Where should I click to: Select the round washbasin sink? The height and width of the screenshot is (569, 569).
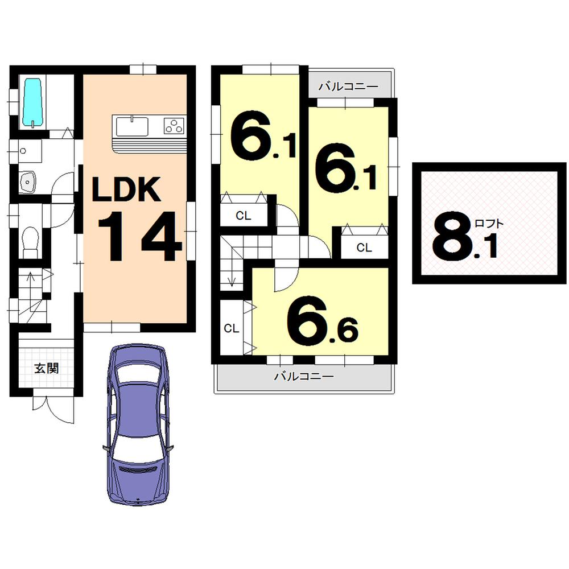[28, 182]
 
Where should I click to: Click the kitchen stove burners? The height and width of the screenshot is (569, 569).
[175, 125]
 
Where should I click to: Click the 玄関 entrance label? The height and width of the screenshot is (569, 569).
[46, 368]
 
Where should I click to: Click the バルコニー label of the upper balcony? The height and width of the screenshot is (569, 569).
[348, 87]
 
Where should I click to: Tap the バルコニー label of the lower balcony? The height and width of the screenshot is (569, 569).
[303, 376]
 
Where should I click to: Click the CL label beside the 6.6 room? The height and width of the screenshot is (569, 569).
[230, 328]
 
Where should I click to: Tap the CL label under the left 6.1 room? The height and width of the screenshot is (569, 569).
[244, 216]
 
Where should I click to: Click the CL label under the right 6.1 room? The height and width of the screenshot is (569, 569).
[364, 248]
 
